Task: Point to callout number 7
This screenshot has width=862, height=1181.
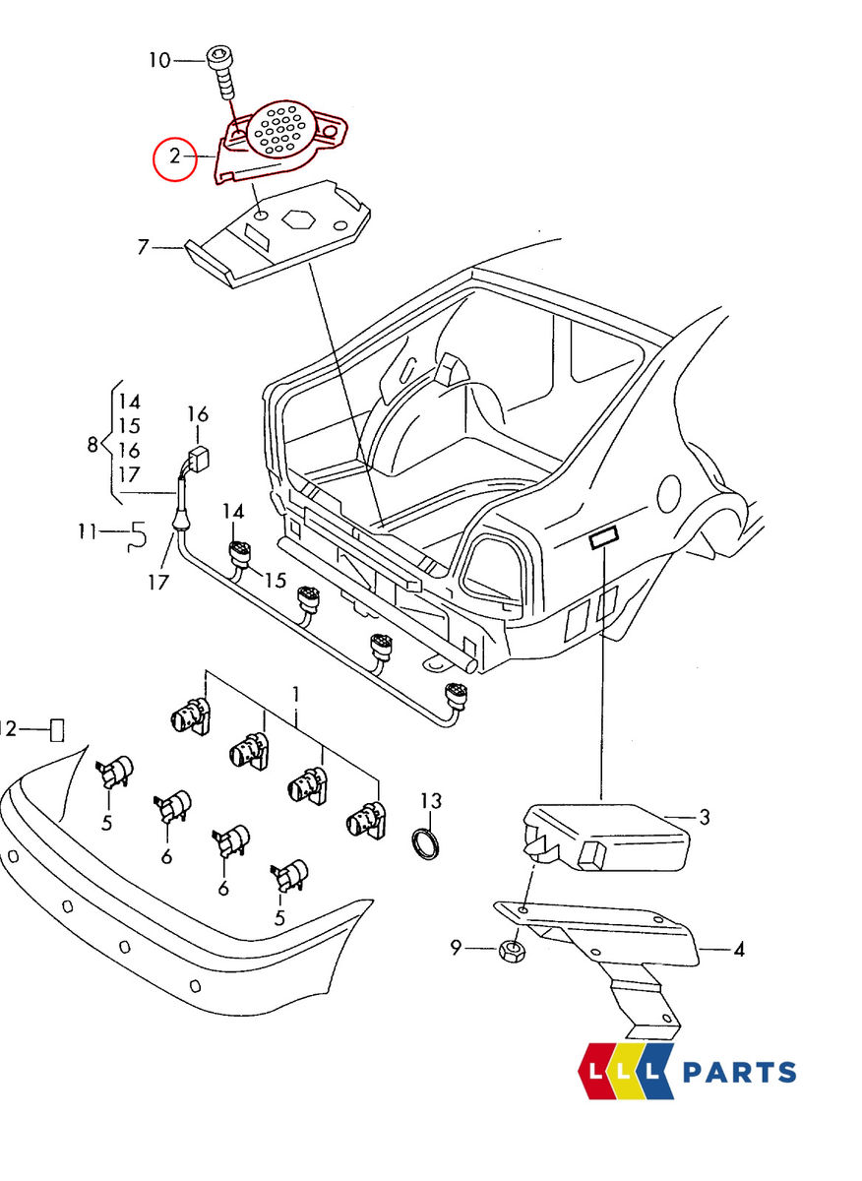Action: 144,247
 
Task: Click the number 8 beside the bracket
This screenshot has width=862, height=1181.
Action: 92,444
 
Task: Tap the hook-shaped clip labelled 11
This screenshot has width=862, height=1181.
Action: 138,534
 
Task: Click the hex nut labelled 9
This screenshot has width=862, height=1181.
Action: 512,950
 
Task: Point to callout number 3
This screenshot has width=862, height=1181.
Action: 704,816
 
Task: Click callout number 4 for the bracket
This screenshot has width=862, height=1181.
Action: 738,950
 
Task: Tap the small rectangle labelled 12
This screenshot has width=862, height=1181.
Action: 57,729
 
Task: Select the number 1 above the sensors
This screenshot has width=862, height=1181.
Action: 295,695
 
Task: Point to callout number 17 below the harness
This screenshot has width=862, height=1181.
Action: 158,582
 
